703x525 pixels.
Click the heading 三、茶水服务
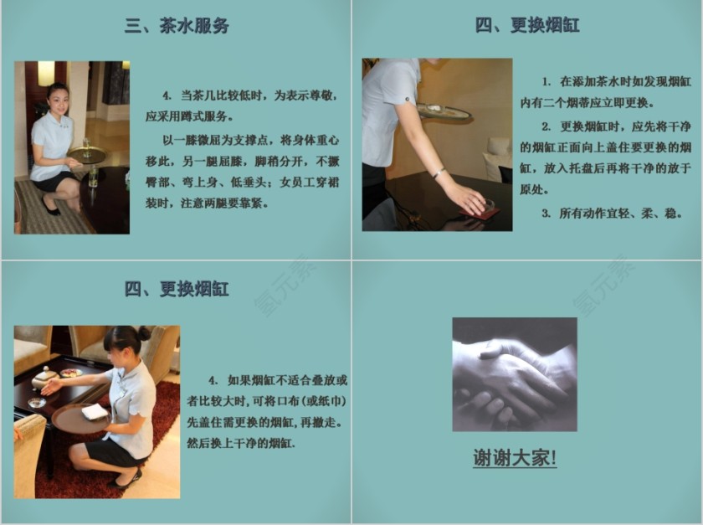(x=177, y=25)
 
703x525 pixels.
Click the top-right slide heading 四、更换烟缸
(x=527, y=25)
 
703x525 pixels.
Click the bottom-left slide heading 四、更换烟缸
(x=177, y=290)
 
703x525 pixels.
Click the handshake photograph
(x=514, y=373)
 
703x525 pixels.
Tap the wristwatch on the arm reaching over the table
(x=438, y=173)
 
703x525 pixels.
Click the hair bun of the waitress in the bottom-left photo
(x=144, y=332)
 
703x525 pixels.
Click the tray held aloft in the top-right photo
(x=444, y=111)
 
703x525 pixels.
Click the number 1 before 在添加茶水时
(x=545, y=82)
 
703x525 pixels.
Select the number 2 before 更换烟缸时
(x=545, y=126)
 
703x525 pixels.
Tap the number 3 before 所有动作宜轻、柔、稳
(x=545, y=213)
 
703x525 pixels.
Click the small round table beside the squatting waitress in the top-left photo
(x=86, y=155)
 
